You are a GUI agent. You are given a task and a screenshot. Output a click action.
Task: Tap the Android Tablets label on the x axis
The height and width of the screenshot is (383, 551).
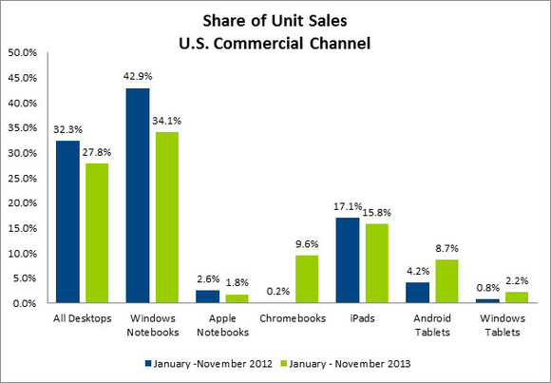pyautogui.click(x=433, y=326)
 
